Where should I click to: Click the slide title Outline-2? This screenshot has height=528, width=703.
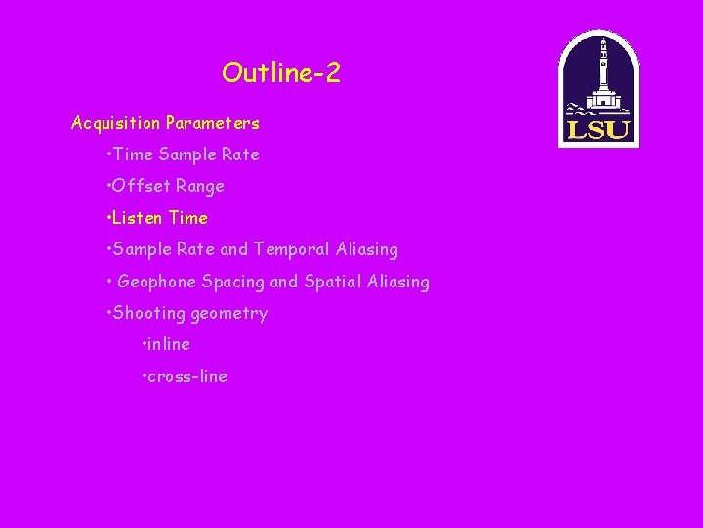(281, 72)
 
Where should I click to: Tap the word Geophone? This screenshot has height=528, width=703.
(157, 282)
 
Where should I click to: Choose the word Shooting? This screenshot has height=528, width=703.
(149, 313)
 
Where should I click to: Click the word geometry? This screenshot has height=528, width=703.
(228, 314)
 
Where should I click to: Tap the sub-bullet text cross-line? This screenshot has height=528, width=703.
(187, 376)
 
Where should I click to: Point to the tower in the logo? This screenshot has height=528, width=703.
(603, 68)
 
